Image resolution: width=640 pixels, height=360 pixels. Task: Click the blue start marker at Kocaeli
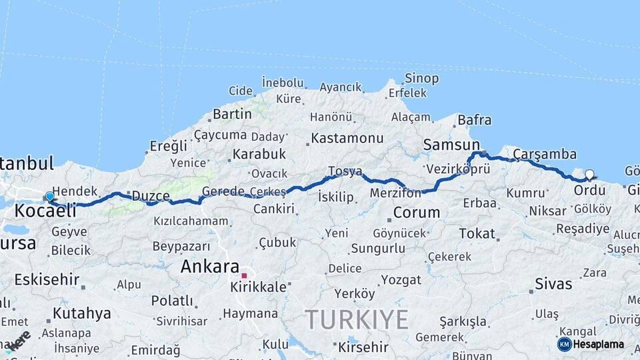49,197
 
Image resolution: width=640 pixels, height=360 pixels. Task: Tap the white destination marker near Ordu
589,175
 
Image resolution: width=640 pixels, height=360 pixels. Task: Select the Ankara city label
210,267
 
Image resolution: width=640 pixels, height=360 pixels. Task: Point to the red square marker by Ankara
244,275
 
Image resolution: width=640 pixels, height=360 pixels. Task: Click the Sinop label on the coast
422,79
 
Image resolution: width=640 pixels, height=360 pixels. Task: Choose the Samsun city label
451,145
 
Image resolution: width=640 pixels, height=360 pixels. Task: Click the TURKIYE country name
357,320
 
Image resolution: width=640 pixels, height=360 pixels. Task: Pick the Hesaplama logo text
599,345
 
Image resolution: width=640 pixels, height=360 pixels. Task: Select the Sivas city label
553,284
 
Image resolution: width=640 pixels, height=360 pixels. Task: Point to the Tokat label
477,233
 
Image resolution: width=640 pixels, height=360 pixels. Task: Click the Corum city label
417,213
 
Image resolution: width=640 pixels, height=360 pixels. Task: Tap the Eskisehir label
47,279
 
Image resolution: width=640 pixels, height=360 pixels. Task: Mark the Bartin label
232,114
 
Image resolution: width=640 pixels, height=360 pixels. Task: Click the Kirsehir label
363,347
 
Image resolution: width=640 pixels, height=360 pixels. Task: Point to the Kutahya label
82,313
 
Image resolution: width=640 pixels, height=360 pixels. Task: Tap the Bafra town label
475,120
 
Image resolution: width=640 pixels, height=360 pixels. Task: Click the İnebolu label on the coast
283,82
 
